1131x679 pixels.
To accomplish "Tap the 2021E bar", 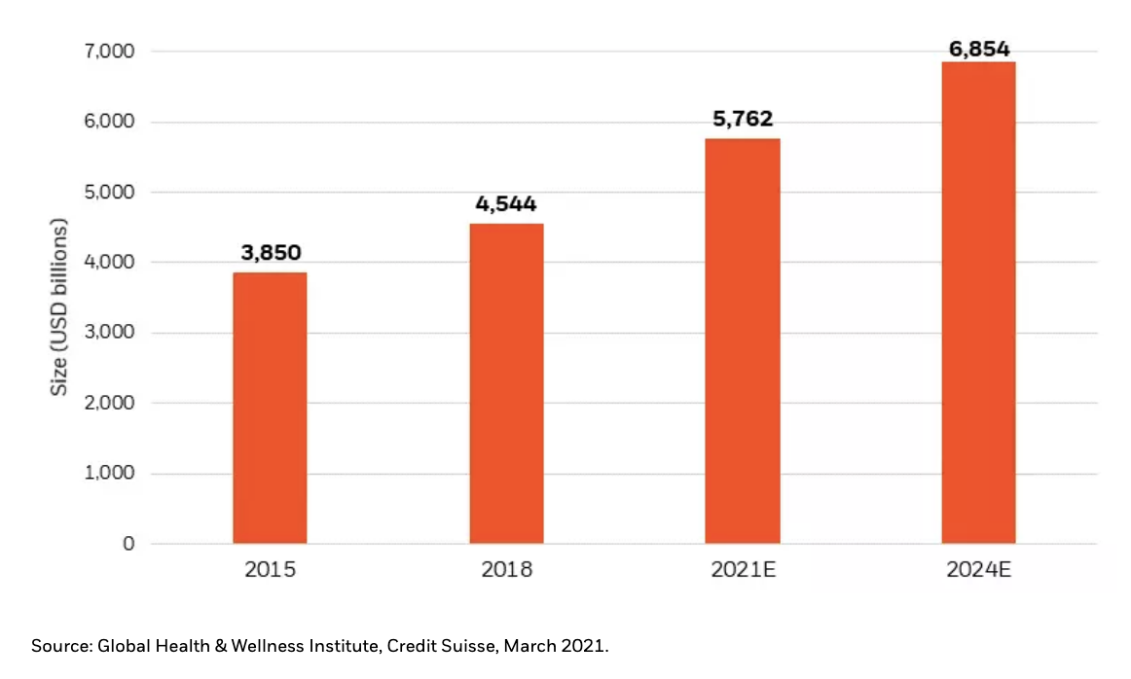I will (742, 340).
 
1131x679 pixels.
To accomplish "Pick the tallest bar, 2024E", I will (978, 302).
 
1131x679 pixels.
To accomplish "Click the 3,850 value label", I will (270, 254).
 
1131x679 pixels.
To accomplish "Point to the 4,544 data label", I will (506, 205).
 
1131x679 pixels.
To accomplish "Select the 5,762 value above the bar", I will (742, 120).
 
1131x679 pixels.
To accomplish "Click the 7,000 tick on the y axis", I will (106, 52).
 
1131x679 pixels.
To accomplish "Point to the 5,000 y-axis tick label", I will (106, 193).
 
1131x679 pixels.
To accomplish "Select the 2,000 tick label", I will (106, 403).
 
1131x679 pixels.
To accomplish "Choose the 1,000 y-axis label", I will (106, 474).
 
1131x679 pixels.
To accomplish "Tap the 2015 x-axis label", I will (270, 570).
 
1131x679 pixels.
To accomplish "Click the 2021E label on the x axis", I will (742, 570).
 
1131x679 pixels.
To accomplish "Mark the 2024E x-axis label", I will (978, 570).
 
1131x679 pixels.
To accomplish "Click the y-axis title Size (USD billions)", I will (60, 307).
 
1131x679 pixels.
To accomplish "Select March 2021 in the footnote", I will (570, 646).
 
